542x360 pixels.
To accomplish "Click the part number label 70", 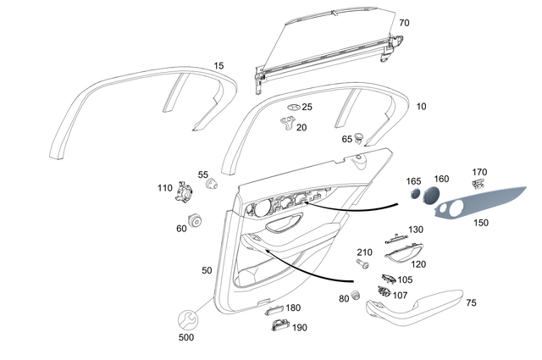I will tap(404, 23).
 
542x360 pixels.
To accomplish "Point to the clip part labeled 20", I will tap(288, 125).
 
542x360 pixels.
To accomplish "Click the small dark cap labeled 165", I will tap(414, 194).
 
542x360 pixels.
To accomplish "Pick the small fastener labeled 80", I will tap(357, 296).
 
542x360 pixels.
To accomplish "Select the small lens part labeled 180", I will tap(272, 309).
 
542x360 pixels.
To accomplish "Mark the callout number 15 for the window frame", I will tap(219, 66).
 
